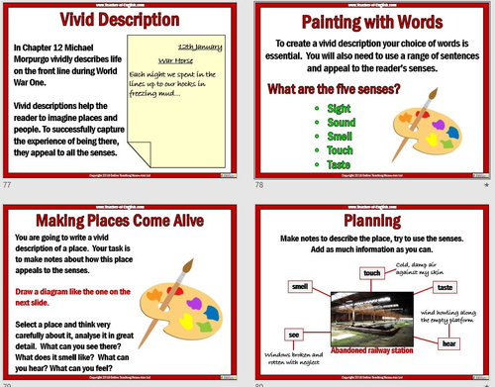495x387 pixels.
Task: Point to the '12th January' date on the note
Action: tap(197, 47)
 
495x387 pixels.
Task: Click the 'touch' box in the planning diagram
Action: tap(373, 272)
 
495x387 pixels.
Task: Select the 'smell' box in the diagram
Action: tap(300, 286)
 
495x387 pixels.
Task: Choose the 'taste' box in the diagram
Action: tap(445, 286)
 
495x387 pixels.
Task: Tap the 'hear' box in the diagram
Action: tap(449, 343)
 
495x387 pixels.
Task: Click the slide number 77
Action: tap(8, 186)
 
